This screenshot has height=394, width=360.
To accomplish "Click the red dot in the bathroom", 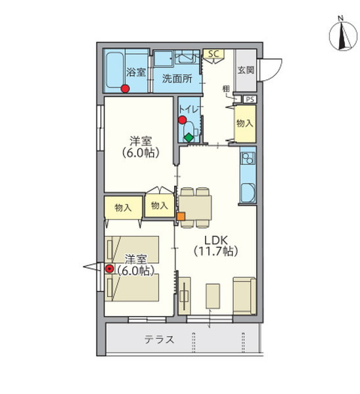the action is tap(125, 89).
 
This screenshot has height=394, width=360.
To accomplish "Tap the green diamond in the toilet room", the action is tap(189, 137).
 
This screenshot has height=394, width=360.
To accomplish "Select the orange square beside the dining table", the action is tap(181, 216).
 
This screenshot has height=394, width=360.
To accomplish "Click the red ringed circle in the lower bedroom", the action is tap(109, 269).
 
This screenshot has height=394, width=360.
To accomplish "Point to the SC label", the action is tap(214, 54).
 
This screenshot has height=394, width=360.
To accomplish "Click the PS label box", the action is tap(250, 99).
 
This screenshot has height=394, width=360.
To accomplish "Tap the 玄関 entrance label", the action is tap(246, 70).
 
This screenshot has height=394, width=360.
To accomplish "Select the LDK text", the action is tap(216, 240).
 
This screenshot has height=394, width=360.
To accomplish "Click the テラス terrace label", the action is tap(159, 339).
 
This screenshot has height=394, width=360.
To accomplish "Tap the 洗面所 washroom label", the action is tap(177, 79).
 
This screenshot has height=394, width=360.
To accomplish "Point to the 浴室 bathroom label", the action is tap(136, 72).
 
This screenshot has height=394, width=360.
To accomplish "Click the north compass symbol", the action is tap(343, 34).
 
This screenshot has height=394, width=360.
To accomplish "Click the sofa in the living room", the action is tap(244, 295).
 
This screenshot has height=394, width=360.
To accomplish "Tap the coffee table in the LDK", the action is tap(213, 296).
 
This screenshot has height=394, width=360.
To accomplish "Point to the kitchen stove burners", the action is tap(248, 158).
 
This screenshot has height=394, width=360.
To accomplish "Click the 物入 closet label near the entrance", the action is tap(244, 123).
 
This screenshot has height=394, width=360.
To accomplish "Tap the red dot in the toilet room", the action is tap(182, 120).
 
